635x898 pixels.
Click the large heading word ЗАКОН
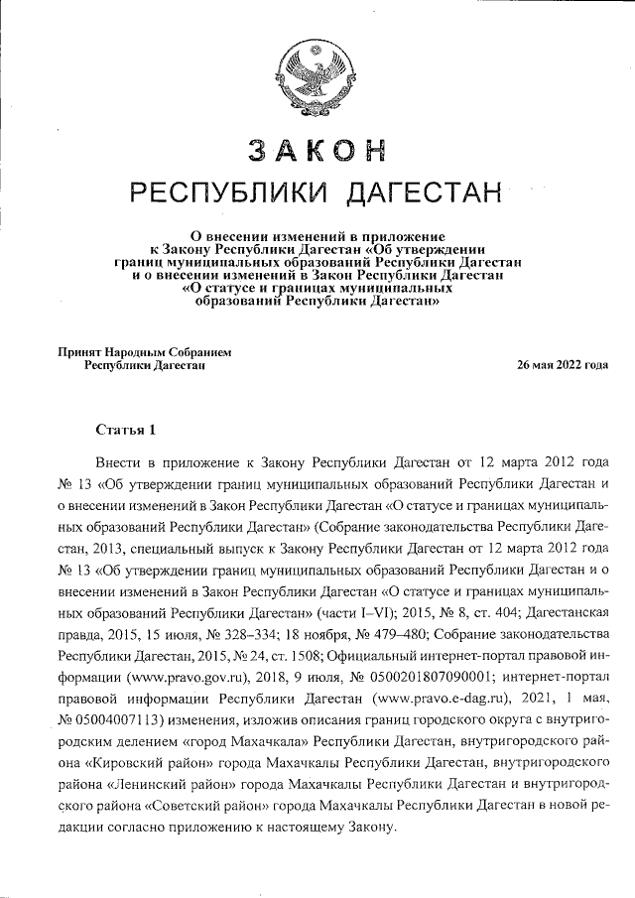[x=316, y=150]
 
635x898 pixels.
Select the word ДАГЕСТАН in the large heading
[x=421, y=192]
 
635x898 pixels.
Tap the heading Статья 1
[x=126, y=430]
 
